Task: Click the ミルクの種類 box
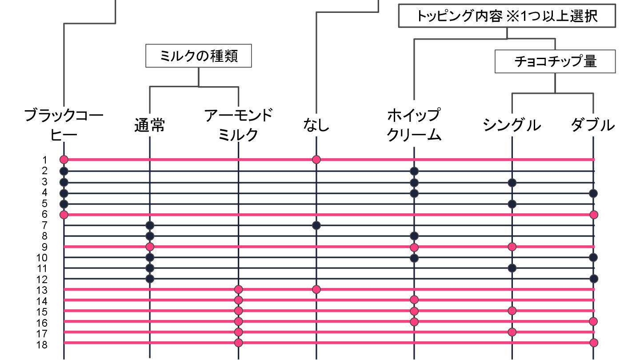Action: click(199, 56)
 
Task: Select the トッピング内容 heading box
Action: click(507, 16)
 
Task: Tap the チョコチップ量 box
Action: click(555, 61)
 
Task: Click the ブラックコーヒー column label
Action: click(64, 125)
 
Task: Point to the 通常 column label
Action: click(149, 126)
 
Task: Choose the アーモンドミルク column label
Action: click(238, 125)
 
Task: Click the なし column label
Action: click(316, 126)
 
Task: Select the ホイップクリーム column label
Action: click(414, 125)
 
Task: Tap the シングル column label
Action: click(512, 126)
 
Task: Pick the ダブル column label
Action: click(593, 126)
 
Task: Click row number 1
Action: click(45, 160)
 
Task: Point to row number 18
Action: click(42, 344)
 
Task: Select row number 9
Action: click(45, 247)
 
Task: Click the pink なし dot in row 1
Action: click(316, 159)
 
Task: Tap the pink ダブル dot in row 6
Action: click(594, 215)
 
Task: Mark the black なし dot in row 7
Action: click(316, 225)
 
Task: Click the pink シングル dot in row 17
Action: click(512, 332)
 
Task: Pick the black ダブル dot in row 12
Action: click(594, 279)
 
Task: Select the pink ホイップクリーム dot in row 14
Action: click(414, 300)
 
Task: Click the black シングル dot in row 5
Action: click(512, 204)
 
